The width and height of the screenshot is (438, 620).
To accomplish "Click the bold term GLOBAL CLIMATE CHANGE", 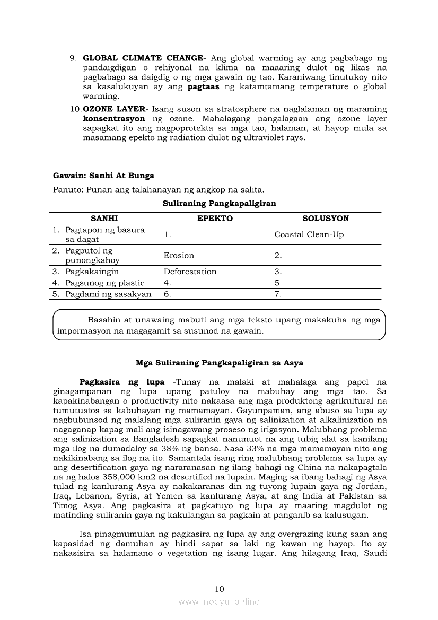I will click(143, 58).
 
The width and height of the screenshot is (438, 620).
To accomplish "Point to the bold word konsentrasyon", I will click(114, 118).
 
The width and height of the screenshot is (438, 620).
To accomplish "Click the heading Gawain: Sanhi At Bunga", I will click(103, 176).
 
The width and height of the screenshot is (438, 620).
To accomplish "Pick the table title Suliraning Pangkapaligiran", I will click(219, 203).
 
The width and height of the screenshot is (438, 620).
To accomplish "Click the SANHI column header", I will click(104, 218).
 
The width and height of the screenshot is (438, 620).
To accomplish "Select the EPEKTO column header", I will click(215, 218).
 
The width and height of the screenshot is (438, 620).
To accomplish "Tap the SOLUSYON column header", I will click(326, 218).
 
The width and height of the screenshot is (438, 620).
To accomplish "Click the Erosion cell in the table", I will click(179, 255).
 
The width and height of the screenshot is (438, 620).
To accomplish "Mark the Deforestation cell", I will click(190, 272).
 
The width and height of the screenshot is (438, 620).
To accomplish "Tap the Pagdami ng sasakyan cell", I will click(108, 294).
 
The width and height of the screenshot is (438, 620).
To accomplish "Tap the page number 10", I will click(220, 589).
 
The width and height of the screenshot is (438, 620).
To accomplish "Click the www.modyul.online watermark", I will click(219, 601).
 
